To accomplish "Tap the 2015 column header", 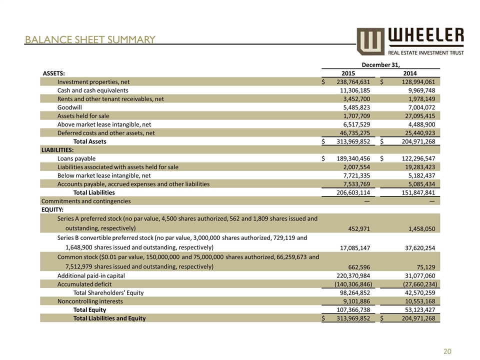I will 348,72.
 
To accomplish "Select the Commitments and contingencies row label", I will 86,201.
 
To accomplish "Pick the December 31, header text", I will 380,64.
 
